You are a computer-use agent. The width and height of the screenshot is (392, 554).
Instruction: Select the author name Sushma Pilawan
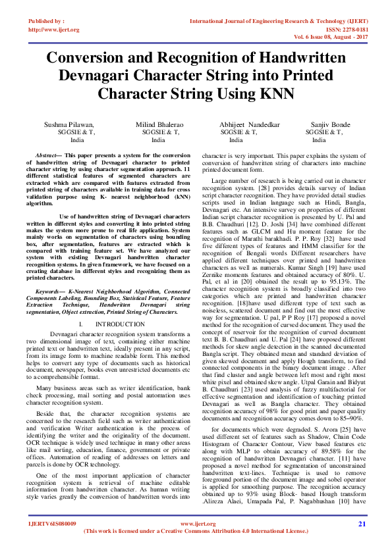[x=69, y=124]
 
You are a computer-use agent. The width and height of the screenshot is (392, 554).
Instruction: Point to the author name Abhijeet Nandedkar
[x=250, y=124]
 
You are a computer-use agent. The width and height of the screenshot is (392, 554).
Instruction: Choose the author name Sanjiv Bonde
[x=331, y=124]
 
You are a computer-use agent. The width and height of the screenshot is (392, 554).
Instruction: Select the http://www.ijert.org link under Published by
[x=54, y=30]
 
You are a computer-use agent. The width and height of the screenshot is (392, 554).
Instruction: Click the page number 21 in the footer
[x=362, y=524]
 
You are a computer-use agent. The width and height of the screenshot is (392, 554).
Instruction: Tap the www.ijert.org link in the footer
[x=195, y=524]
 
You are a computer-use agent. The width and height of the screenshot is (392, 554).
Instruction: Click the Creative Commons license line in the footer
[x=196, y=530]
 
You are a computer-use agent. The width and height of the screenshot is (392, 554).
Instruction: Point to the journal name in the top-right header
[x=279, y=21]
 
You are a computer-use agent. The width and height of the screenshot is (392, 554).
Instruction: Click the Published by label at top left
[x=46, y=21]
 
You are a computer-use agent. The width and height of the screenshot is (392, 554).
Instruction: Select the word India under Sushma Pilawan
[x=77, y=139]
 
